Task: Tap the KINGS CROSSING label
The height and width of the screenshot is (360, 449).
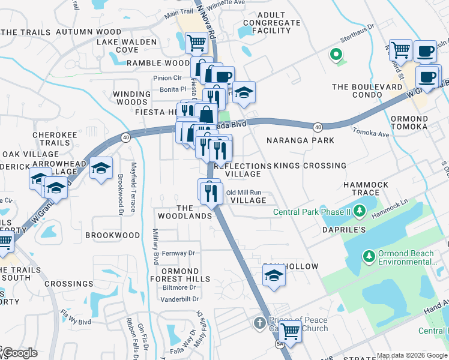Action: [x=310, y=166]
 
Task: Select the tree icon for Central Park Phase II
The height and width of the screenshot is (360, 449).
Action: [x=360, y=211]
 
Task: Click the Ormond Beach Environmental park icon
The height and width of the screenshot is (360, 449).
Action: [x=368, y=257]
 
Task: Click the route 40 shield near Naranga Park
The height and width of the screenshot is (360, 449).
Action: [x=318, y=127]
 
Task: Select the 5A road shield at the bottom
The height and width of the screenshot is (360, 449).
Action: [x=280, y=345]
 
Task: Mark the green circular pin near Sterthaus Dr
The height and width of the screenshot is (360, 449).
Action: [x=336, y=56]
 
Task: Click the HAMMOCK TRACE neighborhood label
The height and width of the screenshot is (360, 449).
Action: [x=366, y=189]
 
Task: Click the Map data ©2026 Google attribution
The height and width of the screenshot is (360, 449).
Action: [x=411, y=355]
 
